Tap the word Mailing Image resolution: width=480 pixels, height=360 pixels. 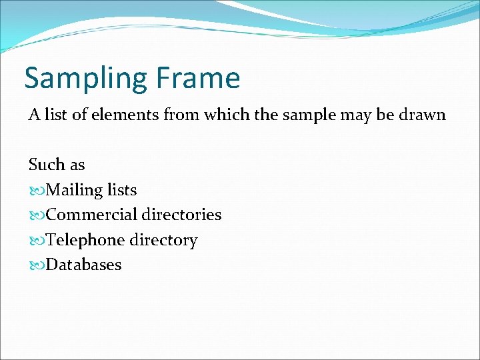click(74, 190)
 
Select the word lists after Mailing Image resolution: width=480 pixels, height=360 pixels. click(122, 190)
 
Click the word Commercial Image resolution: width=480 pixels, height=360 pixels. click(91, 215)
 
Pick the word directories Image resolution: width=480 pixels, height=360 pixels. click(181, 215)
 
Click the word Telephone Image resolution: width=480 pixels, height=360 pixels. click(86, 240)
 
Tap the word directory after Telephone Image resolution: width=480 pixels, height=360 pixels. click(164, 240)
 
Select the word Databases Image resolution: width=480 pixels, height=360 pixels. click(84, 265)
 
